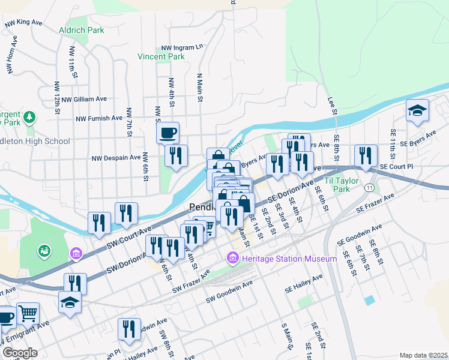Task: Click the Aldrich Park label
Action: tap(82, 30)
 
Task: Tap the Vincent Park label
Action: tap(161, 57)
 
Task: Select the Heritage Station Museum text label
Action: tap(289, 259)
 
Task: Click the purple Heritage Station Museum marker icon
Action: tap(232, 259)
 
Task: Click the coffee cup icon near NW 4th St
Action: tap(167, 131)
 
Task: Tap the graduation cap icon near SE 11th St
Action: tap(417, 110)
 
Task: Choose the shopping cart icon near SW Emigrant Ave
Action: tap(28, 313)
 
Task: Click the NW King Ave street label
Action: tap(23, 22)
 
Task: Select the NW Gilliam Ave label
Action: tap(84, 99)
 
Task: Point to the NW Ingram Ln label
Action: tap(182, 47)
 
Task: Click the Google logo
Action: tap(20, 353)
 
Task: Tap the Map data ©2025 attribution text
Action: tap(424, 355)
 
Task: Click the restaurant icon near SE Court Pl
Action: tap(365, 155)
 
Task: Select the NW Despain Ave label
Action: tap(116, 158)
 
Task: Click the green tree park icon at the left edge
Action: tap(29, 115)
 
